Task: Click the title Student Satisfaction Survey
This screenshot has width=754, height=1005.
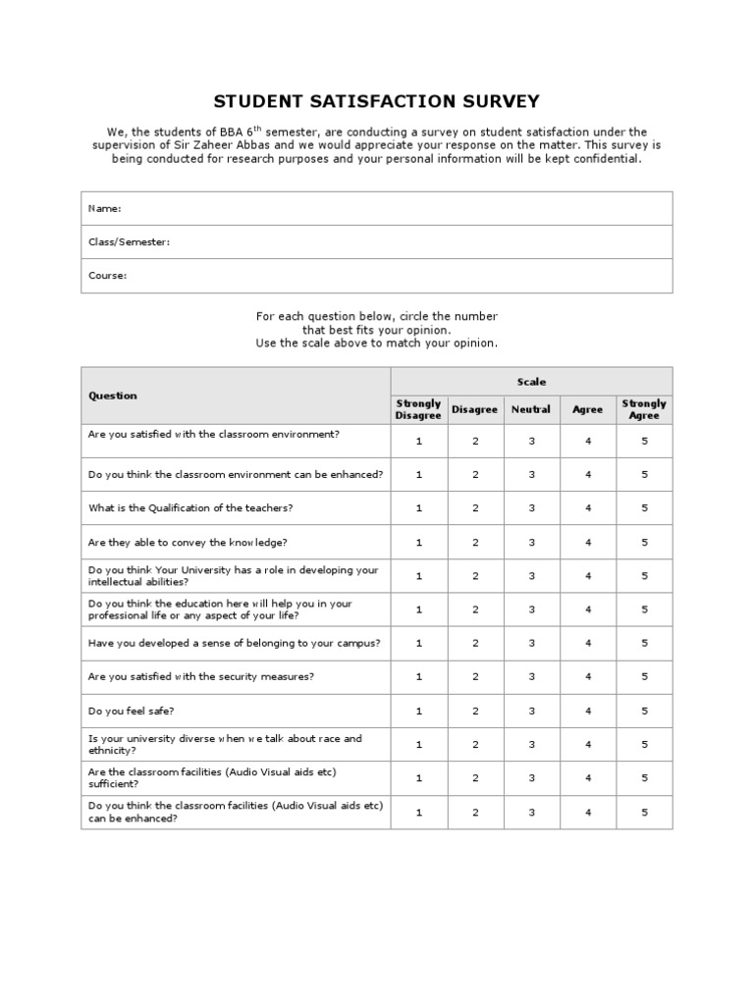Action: (x=377, y=101)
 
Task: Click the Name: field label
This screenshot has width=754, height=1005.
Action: (x=104, y=208)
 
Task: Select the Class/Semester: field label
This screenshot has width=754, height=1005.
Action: (x=129, y=241)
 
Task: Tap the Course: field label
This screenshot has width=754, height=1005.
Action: (x=107, y=276)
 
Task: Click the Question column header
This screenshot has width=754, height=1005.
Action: (x=113, y=396)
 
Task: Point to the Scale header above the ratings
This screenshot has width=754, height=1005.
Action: (x=531, y=382)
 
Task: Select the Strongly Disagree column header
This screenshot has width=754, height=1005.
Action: (x=418, y=409)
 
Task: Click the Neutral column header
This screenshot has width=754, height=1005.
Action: (x=531, y=409)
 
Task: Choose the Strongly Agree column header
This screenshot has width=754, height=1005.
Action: (x=644, y=409)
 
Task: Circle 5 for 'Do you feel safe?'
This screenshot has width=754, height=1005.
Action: (x=645, y=711)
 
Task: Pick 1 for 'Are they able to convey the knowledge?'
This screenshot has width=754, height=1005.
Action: (x=418, y=542)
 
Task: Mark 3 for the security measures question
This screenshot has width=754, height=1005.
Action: (x=531, y=676)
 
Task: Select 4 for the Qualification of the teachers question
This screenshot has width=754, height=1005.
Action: (x=588, y=508)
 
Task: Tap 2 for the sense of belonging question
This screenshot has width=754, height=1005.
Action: (x=475, y=643)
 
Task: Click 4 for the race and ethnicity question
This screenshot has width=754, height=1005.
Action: (x=588, y=744)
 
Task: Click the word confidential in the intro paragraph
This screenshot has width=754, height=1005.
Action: (x=609, y=159)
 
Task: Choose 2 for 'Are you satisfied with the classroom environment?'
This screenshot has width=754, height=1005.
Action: (x=475, y=441)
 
